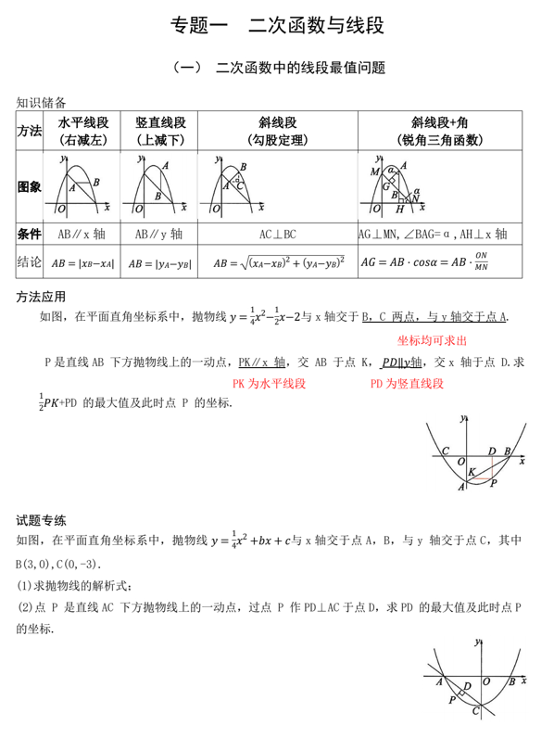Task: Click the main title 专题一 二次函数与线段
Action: pos(278,26)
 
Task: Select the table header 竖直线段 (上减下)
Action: pos(160,132)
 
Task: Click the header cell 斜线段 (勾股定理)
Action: pos(277,132)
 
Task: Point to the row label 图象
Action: pos(30,187)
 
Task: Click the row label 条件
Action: pos(30,235)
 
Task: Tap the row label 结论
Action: pos(30,262)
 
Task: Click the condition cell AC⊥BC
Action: pos(278,235)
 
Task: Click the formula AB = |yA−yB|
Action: pos(160,263)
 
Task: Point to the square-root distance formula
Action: pos(278,262)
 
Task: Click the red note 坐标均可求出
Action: pos(432,340)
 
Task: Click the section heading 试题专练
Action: pos(41,520)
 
